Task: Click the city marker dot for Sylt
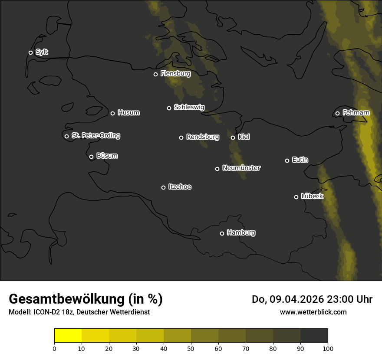(30, 52)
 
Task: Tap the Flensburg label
(175, 74)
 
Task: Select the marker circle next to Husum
(112, 113)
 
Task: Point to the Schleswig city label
(189, 107)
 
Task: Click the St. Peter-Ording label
(95, 136)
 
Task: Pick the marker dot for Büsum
(91, 157)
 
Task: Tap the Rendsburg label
(202, 137)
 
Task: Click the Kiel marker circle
(233, 137)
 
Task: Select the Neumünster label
(241, 168)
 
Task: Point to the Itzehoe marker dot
(163, 187)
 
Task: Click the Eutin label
(300, 160)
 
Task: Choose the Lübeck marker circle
(296, 197)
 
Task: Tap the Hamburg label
(241, 233)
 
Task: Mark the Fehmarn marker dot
(337, 114)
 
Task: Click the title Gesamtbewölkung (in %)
(86, 299)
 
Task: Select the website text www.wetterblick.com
(313, 312)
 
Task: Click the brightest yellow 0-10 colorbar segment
(68, 336)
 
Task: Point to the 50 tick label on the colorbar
(191, 348)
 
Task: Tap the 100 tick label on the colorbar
(328, 348)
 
